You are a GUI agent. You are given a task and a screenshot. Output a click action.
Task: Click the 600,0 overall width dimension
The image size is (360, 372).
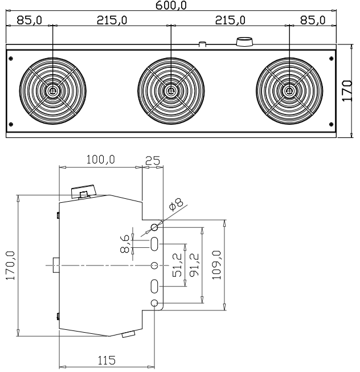(174, 5)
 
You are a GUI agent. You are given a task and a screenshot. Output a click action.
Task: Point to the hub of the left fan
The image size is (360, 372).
(52, 91)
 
